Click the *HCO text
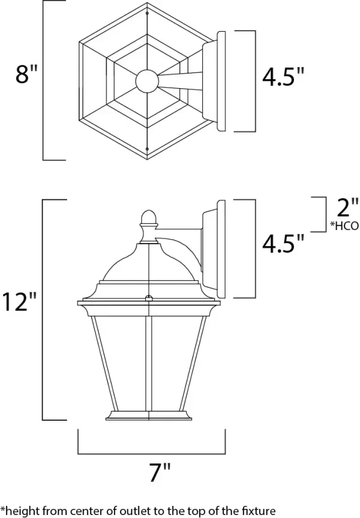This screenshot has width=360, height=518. pos(344,226)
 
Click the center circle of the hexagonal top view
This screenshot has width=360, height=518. pos(147,80)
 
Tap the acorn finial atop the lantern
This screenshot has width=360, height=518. pos(146,219)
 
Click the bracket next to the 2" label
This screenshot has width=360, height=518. pos(317,214)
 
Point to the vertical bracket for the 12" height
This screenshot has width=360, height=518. pos(44,309)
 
